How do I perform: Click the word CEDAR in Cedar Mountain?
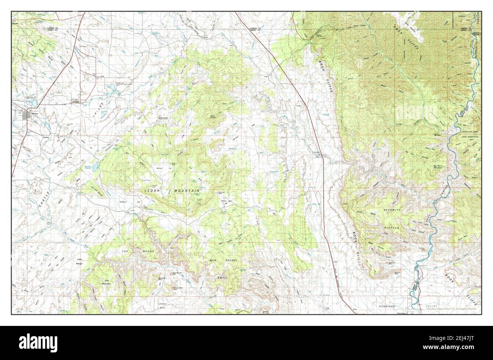pyautogui.click(x=151, y=191)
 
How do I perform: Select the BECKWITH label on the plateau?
pyautogui.click(x=392, y=210)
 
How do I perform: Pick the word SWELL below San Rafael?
pyautogui.click(x=223, y=277)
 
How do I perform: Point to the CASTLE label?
pyautogui.click(x=43, y=199)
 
